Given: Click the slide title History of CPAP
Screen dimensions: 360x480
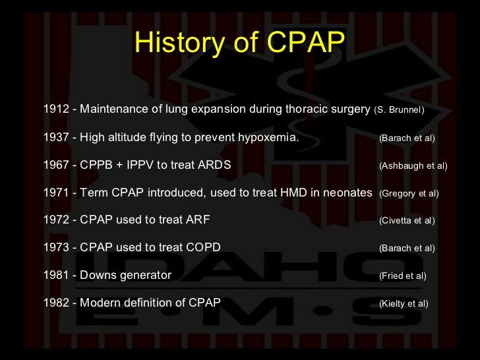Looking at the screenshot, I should tap(239, 43).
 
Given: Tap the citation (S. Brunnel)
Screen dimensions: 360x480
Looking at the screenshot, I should tap(399, 109).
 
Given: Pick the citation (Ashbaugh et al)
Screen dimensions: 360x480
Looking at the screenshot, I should tap(413, 165).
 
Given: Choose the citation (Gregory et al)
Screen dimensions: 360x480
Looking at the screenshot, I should tap(409, 193).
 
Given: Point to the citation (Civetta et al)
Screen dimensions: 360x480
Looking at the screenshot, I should tap(407, 221).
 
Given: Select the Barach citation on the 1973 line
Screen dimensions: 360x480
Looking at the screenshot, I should tap(407, 249).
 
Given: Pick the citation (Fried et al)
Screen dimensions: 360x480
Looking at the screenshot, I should tap(403, 276).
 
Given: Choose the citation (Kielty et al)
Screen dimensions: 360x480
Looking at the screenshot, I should tap(404, 304).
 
